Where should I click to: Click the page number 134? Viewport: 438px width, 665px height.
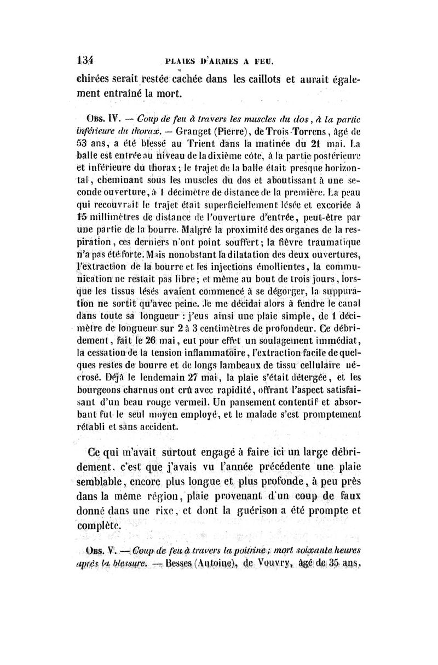click(85, 59)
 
